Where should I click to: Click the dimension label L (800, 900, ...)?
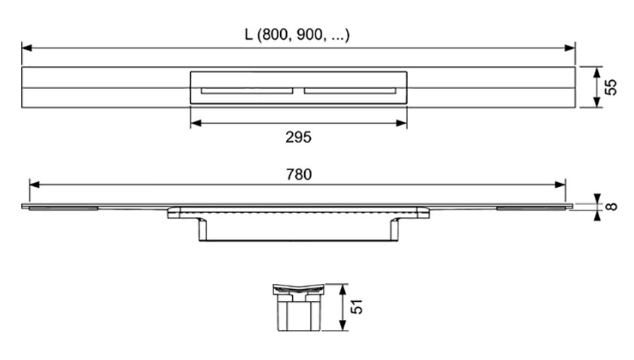tap(297, 35)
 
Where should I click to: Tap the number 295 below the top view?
tap(298, 138)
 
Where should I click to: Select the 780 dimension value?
tap(299, 175)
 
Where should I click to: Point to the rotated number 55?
tap(611, 87)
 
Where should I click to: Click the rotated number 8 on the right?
tap(611, 206)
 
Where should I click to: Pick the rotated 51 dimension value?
tap(356, 307)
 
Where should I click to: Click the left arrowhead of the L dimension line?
tap(26, 48)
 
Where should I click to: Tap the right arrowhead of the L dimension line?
tap(570, 48)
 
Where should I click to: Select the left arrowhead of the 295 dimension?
tap(196, 123)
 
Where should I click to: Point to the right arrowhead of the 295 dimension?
tap(401, 123)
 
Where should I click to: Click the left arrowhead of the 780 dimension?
tap(35, 185)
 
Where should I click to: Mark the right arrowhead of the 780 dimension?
tap(560, 185)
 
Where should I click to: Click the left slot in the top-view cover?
tap(247, 90)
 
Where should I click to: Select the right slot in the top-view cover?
tap(350, 90)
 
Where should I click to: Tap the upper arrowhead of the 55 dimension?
tap(597, 73)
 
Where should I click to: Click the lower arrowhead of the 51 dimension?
tap(343, 325)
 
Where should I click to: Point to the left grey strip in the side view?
tap(63, 209)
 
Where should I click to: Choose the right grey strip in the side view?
tap(532, 209)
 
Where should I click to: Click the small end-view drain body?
tap(298, 307)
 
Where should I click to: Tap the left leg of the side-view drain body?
tap(203, 230)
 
